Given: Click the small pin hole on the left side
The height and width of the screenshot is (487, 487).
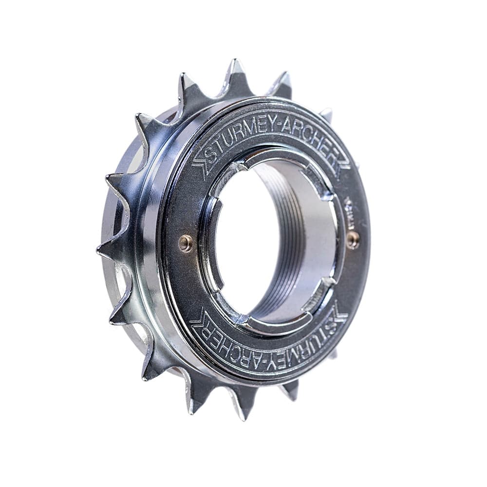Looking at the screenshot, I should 185,243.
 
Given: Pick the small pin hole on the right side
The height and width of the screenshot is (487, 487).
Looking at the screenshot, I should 353,238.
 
